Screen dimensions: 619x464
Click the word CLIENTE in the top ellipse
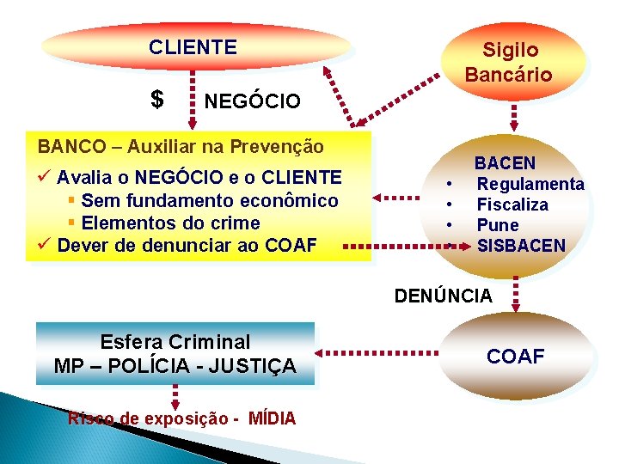tap(193, 47)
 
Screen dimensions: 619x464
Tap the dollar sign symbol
tap(156, 100)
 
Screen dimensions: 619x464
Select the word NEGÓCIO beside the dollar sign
tap(253, 102)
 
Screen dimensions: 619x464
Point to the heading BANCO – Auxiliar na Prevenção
tap(181, 146)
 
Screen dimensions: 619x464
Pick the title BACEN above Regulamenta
tap(505, 163)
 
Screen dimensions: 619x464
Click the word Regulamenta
tap(530, 184)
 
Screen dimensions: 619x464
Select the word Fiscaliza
tap(512, 205)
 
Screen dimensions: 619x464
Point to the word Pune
tap(498, 225)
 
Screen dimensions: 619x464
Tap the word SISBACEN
tap(521, 246)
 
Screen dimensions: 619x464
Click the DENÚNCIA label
tap(444, 296)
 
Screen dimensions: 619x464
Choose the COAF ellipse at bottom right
tap(516, 356)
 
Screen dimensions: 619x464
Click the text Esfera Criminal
tap(175, 341)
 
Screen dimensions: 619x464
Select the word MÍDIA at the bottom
tap(272, 418)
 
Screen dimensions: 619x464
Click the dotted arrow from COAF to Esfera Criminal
tap(378, 352)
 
